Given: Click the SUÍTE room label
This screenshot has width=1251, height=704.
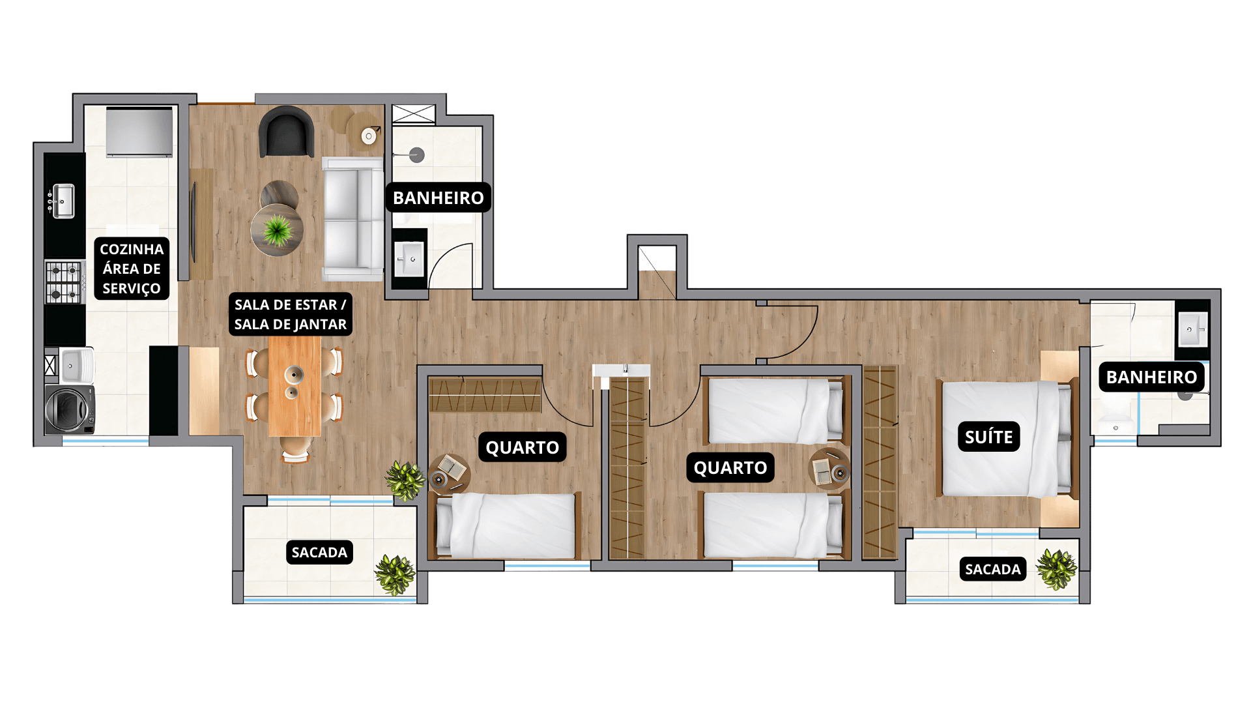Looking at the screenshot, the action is (x=988, y=437).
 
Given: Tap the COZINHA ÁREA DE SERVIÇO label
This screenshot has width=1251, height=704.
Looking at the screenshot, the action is (x=132, y=269).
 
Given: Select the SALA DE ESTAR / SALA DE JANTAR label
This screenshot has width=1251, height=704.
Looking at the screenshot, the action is (x=291, y=314).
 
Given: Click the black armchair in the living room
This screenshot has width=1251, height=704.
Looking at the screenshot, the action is (x=286, y=132).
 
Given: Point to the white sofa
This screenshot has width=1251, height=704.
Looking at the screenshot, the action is (x=352, y=218).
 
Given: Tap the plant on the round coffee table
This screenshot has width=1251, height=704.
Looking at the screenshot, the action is (x=278, y=229).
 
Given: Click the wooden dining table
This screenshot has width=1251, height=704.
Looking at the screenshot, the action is (x=295, y=386).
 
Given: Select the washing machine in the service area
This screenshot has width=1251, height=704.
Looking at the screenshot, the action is (x=70, y=409).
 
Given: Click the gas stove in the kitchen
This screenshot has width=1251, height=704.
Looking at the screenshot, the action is (x=65, y=282).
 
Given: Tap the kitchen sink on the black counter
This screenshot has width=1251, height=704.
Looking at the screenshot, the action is (x=63, y=201).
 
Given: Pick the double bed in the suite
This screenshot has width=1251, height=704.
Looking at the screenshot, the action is (x=1007, y=439).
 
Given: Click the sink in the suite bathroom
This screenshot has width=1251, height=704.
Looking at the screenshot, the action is (x=1192, y=330).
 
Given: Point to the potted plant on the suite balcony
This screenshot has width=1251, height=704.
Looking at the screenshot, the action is (x=1056, y=569).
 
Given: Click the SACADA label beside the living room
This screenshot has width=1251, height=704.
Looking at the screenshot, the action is (x=319, y=552).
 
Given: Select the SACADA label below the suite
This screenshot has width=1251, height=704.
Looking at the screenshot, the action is (x=992, y=569).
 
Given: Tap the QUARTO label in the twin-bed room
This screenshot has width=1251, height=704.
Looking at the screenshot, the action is (x=730, y=467).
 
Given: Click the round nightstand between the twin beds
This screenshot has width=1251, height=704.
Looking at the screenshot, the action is (x=829, y=469).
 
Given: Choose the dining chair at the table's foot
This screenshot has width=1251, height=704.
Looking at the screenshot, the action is (x=295, y=449).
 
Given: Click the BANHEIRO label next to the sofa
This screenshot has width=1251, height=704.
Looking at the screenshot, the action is (x=438, y=198).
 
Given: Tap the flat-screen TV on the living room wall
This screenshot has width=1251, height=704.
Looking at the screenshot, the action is (x=194, y=222).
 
